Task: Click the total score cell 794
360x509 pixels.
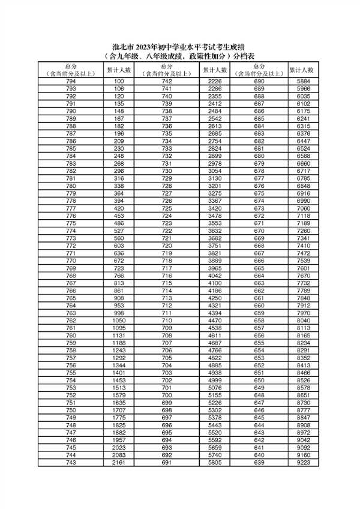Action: [71, 81]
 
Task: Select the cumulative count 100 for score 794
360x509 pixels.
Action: [119, 81]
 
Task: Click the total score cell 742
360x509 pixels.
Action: [167, 81]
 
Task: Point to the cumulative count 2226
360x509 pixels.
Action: [215, 81]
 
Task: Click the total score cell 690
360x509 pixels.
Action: [259, 81]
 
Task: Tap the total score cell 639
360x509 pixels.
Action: [259, 463]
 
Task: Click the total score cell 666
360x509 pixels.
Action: [259, 261]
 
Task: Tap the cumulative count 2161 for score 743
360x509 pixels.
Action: [119, 463]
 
